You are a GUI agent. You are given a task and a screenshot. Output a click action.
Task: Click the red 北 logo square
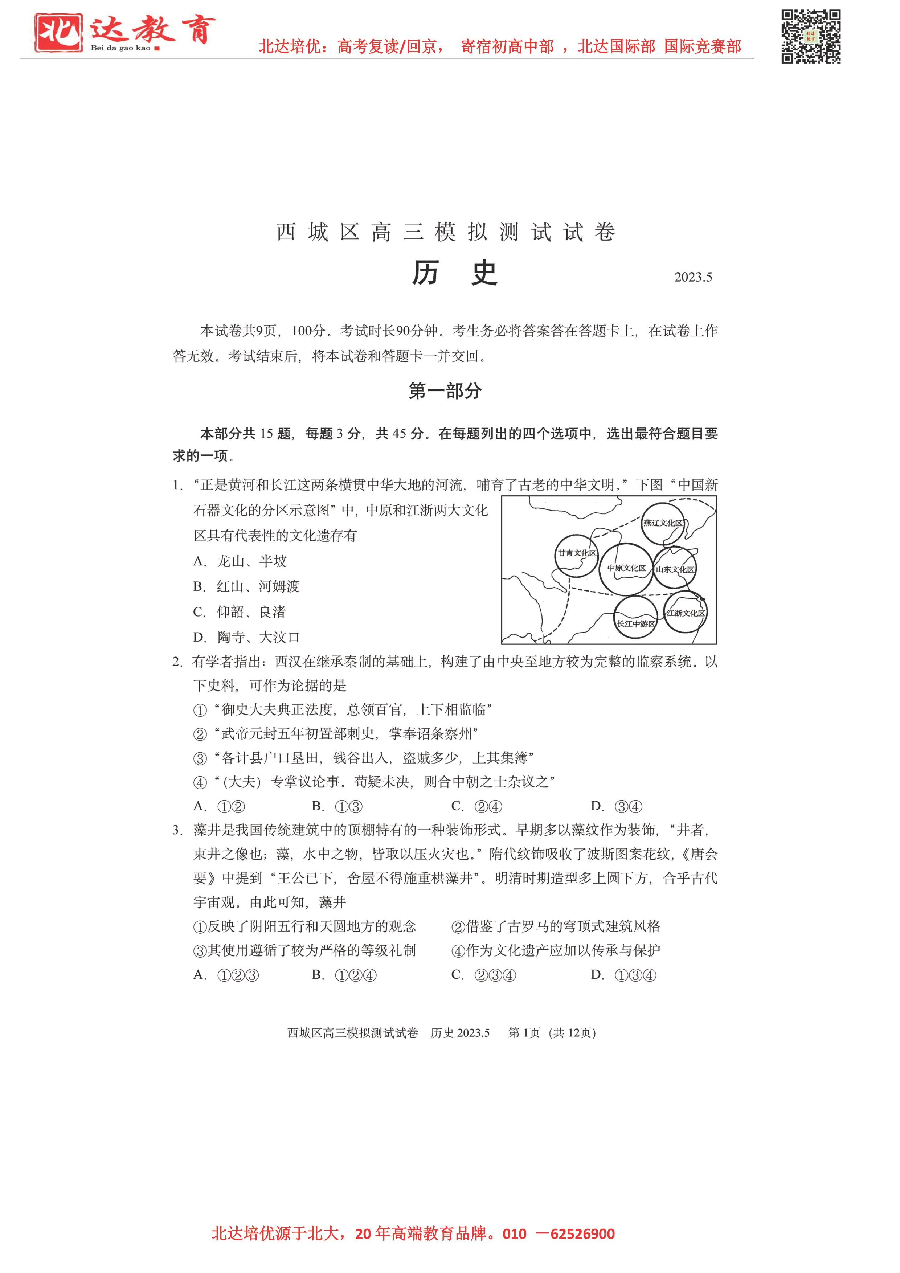pyautogui.click(x=58, y=33)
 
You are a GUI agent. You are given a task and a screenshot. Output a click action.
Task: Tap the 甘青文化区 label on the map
pyautogui.click(x=577, y=553)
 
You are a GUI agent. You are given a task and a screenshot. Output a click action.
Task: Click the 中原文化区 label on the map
pyautogui.click(x=626, y=568)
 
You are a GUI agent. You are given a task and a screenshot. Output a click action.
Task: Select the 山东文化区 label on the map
pyautogui.click(x=675, y=569)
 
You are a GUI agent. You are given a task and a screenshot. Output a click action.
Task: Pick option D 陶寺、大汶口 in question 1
pyautogui.click(x=246, y=638)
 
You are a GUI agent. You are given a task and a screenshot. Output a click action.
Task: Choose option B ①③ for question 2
pyautogui.click(x=337, y=807)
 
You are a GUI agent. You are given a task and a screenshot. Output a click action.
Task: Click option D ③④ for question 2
pyautogui.click(x=617, y=807)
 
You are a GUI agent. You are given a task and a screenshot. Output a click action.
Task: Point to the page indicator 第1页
pyautogui.click(x=524, y=1033)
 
